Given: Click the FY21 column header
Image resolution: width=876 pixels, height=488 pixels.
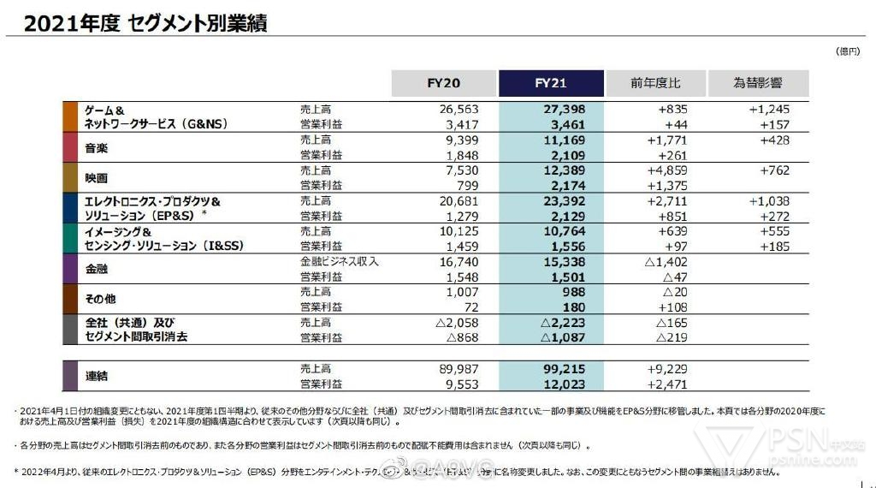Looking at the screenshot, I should pyautogui.click(x=551, y=83).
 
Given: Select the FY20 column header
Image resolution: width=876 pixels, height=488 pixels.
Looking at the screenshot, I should pyautogui.click(x=444, y=83).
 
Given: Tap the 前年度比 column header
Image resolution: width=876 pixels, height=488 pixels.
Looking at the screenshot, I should pyautogui.click(x=655, y=83).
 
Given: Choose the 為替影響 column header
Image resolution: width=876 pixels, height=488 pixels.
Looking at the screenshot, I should pyautogui.click(x=758, y=83).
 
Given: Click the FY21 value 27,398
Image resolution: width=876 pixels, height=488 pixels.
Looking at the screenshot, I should pyautogui.click(x=564, y=110).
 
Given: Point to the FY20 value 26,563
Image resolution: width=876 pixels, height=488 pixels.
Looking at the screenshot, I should pyautogui.click(x=459, y=110).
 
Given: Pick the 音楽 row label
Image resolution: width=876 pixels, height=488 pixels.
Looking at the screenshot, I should pyautogui.click(x=96, y=148).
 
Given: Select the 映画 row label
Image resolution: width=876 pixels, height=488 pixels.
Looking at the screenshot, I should pyautogui.click(x=96, y=178).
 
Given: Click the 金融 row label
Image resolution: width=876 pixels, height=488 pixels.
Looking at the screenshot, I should pyautogui.click(x=96, y=269).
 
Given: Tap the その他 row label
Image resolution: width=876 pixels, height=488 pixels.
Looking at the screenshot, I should pyautogui.click(x=100, y=299).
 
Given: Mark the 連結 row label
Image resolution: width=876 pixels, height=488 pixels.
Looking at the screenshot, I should pyautogui.click(x=96, y=375).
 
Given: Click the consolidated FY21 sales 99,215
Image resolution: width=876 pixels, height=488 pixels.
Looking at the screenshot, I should pyautogui.click(x=564, y=369).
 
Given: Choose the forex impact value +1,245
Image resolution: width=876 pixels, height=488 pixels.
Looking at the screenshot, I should pyautogui.click(x=768, y=110).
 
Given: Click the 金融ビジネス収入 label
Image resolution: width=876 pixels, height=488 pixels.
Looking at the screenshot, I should pyautogui.click(x=340, y=261).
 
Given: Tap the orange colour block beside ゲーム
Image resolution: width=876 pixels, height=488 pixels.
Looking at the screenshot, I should pyautogui.click(x=70, y=117).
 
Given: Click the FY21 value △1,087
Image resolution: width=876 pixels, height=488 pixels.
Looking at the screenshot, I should pyautogui.click(x=562, y=337).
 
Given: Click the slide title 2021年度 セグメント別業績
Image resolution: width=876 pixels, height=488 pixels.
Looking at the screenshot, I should pyautogui.click(x=145, y=23).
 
